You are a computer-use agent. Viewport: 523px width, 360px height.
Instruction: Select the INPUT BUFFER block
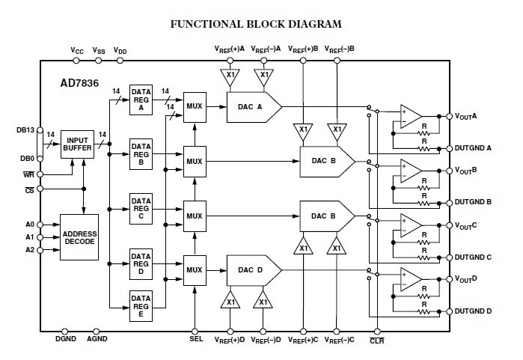click(x=77, y=143)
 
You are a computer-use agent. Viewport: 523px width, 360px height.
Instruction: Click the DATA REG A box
click(x=141, y=99)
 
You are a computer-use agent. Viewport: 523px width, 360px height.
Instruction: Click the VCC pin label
click(x=77, y=51)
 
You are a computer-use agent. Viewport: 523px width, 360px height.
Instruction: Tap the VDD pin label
click(x=120, y=51)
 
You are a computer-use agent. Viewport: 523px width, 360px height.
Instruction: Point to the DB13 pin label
click(x=25, y=128)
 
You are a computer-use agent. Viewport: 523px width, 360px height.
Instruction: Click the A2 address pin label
click(x=30, y=250)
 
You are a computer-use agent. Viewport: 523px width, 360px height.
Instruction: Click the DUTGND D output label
click(x=474, y=311)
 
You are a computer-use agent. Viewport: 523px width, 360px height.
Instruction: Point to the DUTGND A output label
click(x=474, y=147)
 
